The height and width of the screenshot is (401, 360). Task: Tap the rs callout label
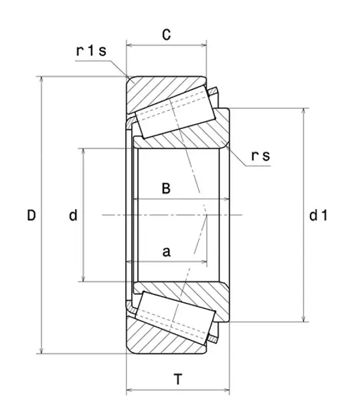[260, 156]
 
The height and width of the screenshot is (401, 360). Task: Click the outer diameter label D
[31, 215]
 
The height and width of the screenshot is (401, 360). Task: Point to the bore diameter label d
[73, 215]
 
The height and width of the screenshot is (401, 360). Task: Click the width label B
[167, 188]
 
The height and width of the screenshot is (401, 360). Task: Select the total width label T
[177, 380]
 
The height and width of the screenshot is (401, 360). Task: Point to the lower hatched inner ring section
[201, 295]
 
